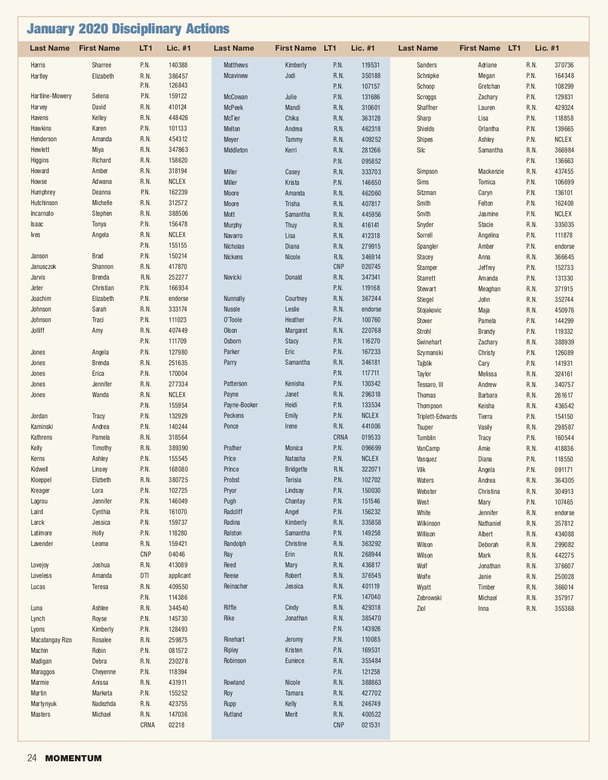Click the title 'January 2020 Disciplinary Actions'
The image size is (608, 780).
tap(128, 29)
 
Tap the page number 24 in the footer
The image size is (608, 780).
tap(32, 758)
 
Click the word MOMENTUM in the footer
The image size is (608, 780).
tap(73, 758)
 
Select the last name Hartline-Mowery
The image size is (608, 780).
tap(51, 96)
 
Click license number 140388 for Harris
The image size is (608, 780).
tap(178, 65)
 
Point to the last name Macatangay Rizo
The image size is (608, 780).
tap(51, 640)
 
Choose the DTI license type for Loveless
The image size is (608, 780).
tap(144, 576)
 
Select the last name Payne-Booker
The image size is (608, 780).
tap(241, 405)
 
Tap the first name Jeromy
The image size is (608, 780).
tap(294, 640)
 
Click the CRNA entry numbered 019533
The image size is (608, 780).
tap(371, 437)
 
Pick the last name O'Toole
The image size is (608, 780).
tap(233, 320)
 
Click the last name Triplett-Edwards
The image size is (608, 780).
tap(437, 417)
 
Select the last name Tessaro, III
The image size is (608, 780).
tap(430, 385)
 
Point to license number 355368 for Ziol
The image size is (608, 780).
tap(564, 609)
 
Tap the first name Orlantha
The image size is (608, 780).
tap(488, 129)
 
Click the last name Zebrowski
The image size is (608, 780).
tap(429, 598)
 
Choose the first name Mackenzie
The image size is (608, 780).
tap(491, 172)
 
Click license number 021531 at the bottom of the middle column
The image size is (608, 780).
tap(371, 725)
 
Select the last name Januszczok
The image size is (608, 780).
tap(44, 267)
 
